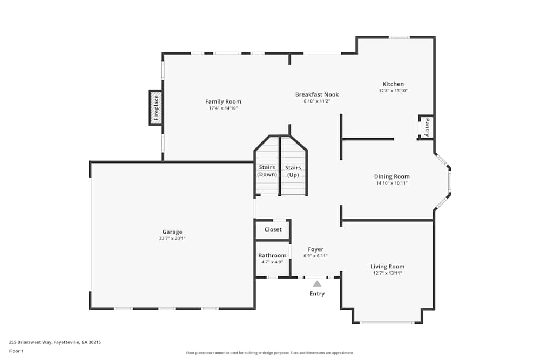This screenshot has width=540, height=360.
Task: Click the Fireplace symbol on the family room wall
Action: pyautogui.click(x=156, y=108)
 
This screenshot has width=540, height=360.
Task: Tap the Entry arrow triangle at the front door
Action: pyautogui.click(x=317, y=283)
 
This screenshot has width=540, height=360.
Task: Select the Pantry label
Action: pyautogui.click(x=427, y=127)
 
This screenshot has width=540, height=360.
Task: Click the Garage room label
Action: pyautogui.click(x=172, y=232)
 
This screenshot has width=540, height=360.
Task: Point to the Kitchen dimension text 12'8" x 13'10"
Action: pyautogui.click(x=393, y=91)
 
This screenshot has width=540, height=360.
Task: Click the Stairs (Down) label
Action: pyautogui.click(x=267, y=171)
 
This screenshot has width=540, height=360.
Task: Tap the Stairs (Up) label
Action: pyautogui.click(x=293, y=171)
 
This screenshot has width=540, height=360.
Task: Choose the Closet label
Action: pyautogui.click(x=273, y=229)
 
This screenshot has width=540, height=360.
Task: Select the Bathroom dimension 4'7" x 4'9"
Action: pyautogui.click(x=272, y=262)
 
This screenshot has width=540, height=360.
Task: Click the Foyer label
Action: pyautogui.click(x=315, y=249)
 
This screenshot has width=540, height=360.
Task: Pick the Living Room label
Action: pyautogui.click(x=387, y=267)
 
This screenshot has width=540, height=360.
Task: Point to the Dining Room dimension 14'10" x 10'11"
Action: pyautogui.click(x=392, y=183)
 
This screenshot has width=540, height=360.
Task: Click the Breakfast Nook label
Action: pyautogui.click(x=317, y=94)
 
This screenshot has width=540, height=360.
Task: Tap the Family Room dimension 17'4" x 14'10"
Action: pyautogui.click(x=223, y=108)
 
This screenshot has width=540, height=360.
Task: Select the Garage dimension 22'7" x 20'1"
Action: pyautogui.click(x=172, y=239)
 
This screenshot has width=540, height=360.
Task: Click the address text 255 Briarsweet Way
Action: pyautogui.click(x=30, y=342)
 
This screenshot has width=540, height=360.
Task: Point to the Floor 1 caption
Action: pyautogui.click(x=16, y=351)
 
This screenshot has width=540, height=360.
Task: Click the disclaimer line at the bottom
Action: pyautogui.click(x=270, y=353)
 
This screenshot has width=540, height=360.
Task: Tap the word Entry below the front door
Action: pyautogui.click(x=317, y=294)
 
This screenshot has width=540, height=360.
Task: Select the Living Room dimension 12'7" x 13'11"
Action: pyautogui.click(x=387, y=273)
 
